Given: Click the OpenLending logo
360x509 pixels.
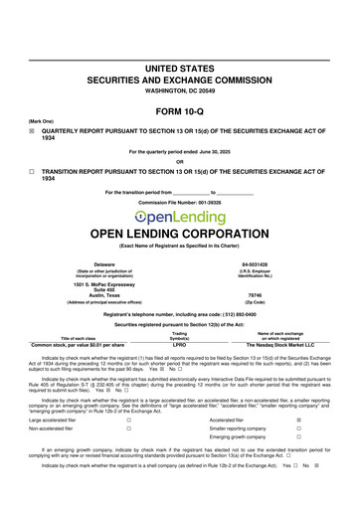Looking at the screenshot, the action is [180, 217].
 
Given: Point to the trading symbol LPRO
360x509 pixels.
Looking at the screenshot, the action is [180, 345].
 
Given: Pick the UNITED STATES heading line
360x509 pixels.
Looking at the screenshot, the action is [180, 68].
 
